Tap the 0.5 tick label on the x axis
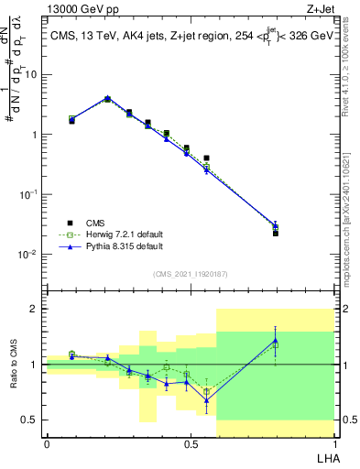click(x=191, y=443)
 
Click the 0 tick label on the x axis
click(x=46, y=443)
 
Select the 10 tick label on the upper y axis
click(x=30, y=75)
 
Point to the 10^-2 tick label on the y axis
click(x=27, y=255)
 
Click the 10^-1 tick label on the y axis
click(x=27, y=195)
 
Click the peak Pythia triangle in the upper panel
click(x=107, y=98)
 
